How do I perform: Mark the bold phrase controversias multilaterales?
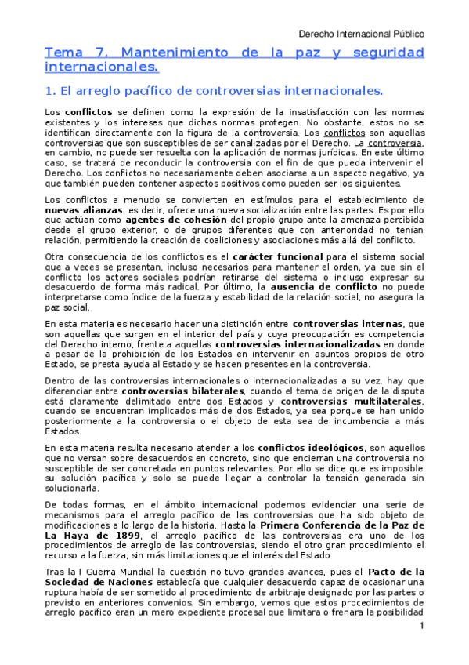click(351, 401)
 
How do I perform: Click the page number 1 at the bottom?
click(420, 626)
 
